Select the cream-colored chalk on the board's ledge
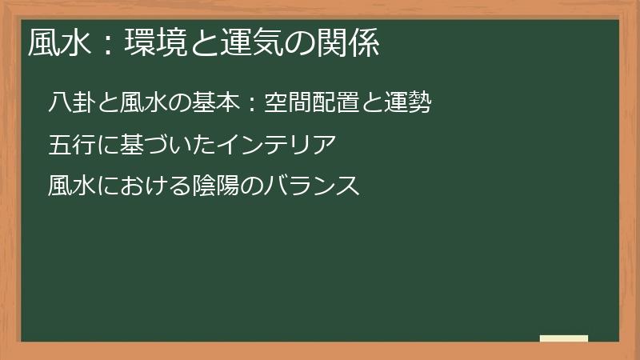[563, 338]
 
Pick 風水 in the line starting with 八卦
[142, 104]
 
